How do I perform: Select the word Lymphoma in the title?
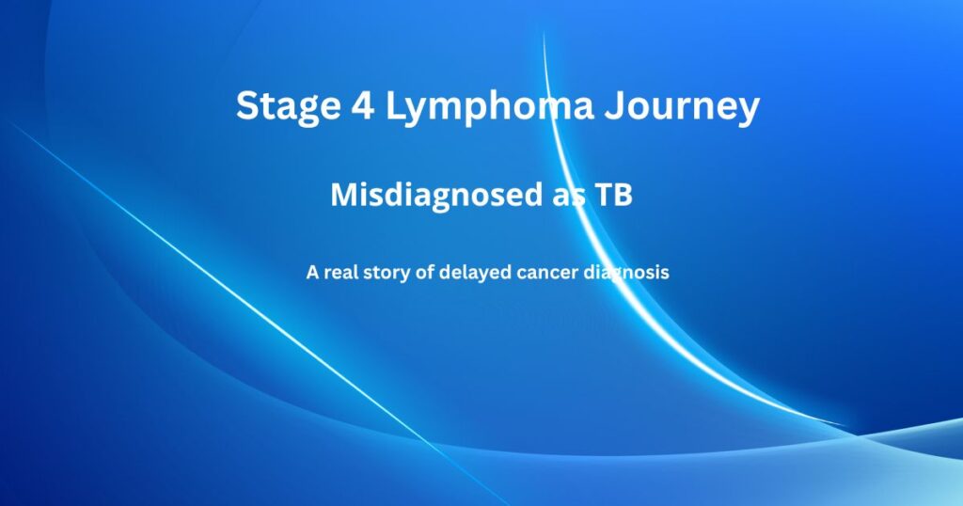pos(489,106)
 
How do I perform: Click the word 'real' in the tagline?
pos(341,273)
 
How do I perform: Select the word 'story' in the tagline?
pos(390,273)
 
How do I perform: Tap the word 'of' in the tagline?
pos(427,273)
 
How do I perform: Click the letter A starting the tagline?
pos(311,273)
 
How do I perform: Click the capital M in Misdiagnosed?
pos(343,195)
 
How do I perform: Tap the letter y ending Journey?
pos(748,110)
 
